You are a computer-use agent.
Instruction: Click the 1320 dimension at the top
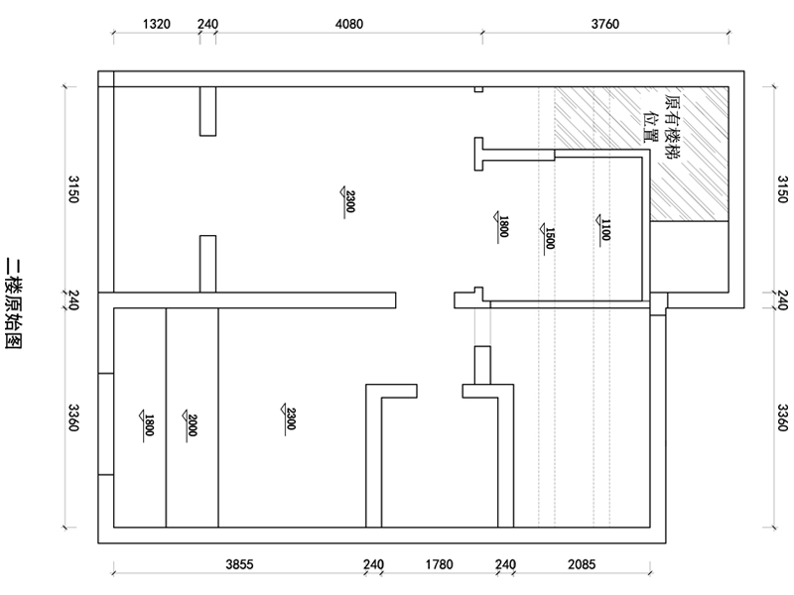click(157, 24)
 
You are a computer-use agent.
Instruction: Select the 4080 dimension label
click(349, 24)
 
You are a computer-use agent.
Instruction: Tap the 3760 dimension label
click(605, 24)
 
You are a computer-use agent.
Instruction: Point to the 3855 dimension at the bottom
click(239, 564)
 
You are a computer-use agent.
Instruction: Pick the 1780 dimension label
click(439, 564)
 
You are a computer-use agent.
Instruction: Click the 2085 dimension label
click(582, 564)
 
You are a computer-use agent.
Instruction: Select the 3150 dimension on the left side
click(73, 189)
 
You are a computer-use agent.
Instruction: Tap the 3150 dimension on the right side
click(783, 189)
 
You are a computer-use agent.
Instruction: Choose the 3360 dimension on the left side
click(73, 417)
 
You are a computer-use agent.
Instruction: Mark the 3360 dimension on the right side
click(783, 417)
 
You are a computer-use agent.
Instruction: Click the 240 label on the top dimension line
click(207, 24)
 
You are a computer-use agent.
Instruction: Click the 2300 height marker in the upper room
click(349, 201)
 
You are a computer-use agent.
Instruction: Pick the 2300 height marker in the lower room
click(289, 418)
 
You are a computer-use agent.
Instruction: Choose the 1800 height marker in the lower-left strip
click(147, 425)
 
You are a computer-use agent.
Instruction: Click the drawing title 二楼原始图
click(13, 304)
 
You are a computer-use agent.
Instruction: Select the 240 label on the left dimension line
click(73, 300)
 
